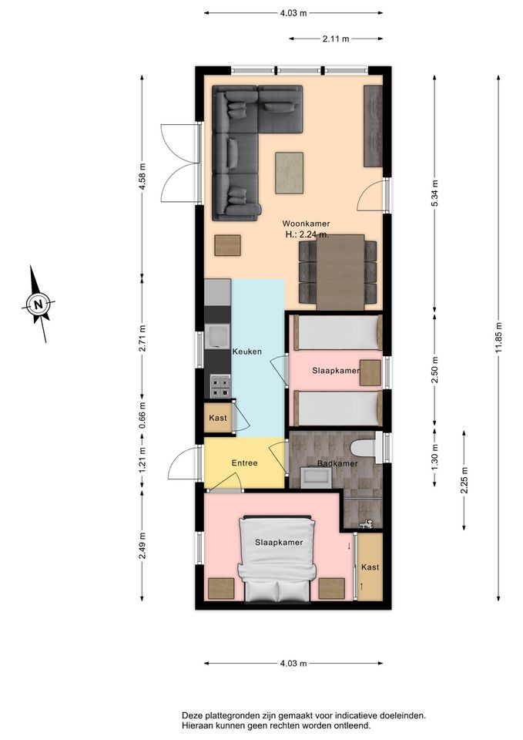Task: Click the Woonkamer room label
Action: [306, 224]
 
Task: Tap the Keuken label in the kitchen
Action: [246, 351]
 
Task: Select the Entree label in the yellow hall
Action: [244, 463]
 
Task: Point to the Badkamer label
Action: [337, 463]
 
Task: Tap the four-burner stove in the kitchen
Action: [220, 386]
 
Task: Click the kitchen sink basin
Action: [217, 337]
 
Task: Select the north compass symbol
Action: [39, 304]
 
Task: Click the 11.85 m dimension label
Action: [498, 338]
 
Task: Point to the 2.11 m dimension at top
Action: [336, 39]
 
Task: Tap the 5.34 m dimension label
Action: [435, 193]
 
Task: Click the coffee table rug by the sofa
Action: [289, 173]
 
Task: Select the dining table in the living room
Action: [340, 272]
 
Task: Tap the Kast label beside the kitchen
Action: [218, 418]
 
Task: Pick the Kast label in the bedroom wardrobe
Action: [370, 567]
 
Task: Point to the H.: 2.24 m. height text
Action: [307, 234]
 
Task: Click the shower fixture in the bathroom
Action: [366, 523]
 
